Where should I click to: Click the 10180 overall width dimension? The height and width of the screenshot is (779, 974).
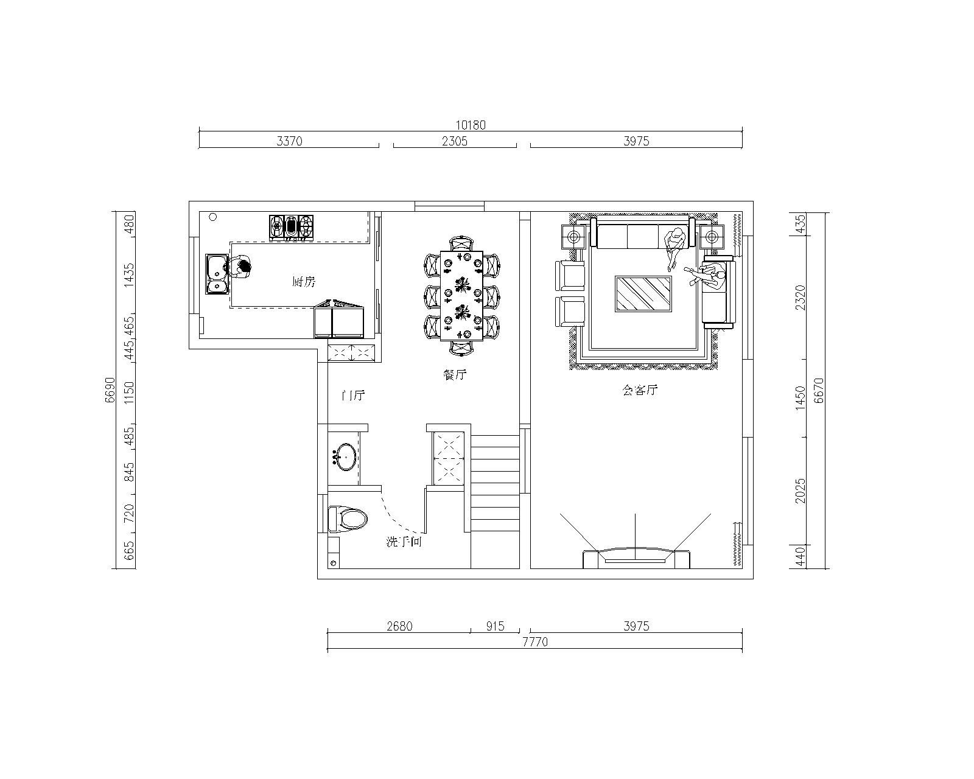pos(470,125)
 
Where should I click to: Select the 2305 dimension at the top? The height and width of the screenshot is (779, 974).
pos(454,141)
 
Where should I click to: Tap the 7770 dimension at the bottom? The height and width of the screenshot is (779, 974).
pos(535,642)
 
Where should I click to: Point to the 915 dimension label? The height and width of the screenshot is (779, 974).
pos(495,626)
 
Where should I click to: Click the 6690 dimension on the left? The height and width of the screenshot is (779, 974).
pos(110,390)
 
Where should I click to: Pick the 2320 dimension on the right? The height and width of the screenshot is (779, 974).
pos(801,298)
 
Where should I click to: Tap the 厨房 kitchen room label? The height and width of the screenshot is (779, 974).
pos(303,282)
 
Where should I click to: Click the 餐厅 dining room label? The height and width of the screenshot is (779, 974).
pos(455,374)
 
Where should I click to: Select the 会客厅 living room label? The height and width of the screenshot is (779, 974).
pos(640,389)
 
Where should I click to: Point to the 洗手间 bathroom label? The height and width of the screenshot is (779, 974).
pos(404,542)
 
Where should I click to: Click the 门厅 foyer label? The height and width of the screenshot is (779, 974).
pos(353,395)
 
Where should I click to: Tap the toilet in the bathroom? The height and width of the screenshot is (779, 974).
pos(348,519)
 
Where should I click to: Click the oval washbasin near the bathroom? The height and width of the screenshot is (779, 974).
pos(346,456)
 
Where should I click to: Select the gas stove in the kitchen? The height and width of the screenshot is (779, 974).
pos(292,227)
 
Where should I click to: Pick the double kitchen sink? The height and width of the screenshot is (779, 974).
pos(217,274)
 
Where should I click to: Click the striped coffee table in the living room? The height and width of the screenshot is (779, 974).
pos(643,294)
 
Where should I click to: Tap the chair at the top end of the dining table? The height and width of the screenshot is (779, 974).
pos(461,243)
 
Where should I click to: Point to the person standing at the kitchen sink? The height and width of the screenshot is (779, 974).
pos(239,268)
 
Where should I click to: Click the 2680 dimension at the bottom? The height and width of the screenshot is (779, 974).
pos(400,626)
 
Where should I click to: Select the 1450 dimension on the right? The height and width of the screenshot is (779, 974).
pos(801,399)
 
